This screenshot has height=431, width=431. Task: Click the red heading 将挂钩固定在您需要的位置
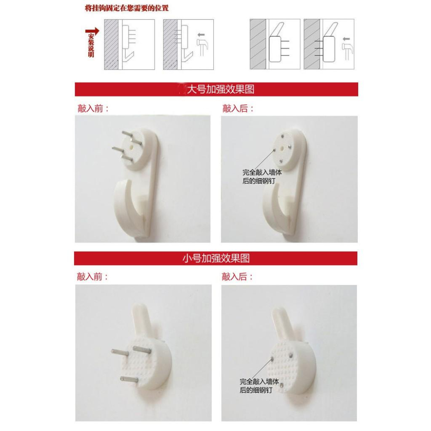tap(126, 8)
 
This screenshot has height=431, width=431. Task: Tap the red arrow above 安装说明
tap(92, 31)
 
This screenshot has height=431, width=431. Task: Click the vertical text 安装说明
tap(91, 45)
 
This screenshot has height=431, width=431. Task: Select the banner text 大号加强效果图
tap(220, 89)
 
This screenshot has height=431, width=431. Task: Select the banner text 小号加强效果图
tap(216, 258)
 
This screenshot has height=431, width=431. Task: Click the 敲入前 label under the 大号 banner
tap(93, 109)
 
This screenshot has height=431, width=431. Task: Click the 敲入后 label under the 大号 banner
tap(238, 109)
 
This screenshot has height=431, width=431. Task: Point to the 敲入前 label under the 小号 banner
tap(92, 277)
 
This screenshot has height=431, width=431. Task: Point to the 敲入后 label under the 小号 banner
tap(237, 277)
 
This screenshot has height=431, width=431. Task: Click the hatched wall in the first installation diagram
tap(111, 44)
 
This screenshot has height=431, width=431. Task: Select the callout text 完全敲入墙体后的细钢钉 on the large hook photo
tap(262, 177)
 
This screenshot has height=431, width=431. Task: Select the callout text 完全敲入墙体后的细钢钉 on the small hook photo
tap(259, 386)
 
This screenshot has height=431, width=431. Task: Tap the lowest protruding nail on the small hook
tap(129, 380)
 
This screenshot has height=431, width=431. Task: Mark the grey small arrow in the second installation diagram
tap(201, 35)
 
